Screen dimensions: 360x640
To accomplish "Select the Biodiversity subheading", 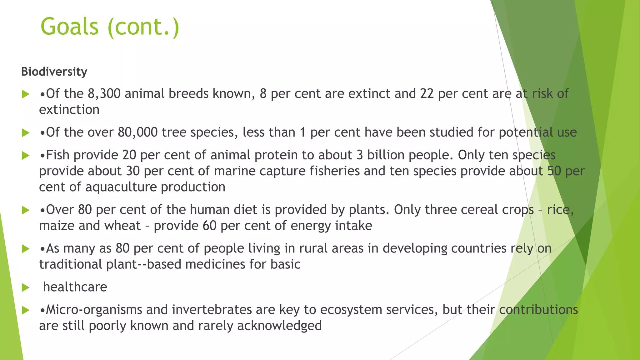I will point(54,72).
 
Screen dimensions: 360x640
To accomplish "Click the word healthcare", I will point(75,287).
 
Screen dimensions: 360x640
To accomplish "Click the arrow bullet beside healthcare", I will point(26,287).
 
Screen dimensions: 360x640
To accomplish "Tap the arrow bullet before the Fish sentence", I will point(26,156).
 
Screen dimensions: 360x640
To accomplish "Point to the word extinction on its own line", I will point(69,110).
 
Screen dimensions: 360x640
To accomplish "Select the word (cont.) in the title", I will point(143,27).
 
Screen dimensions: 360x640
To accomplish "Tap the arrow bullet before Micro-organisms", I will point(26,310).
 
